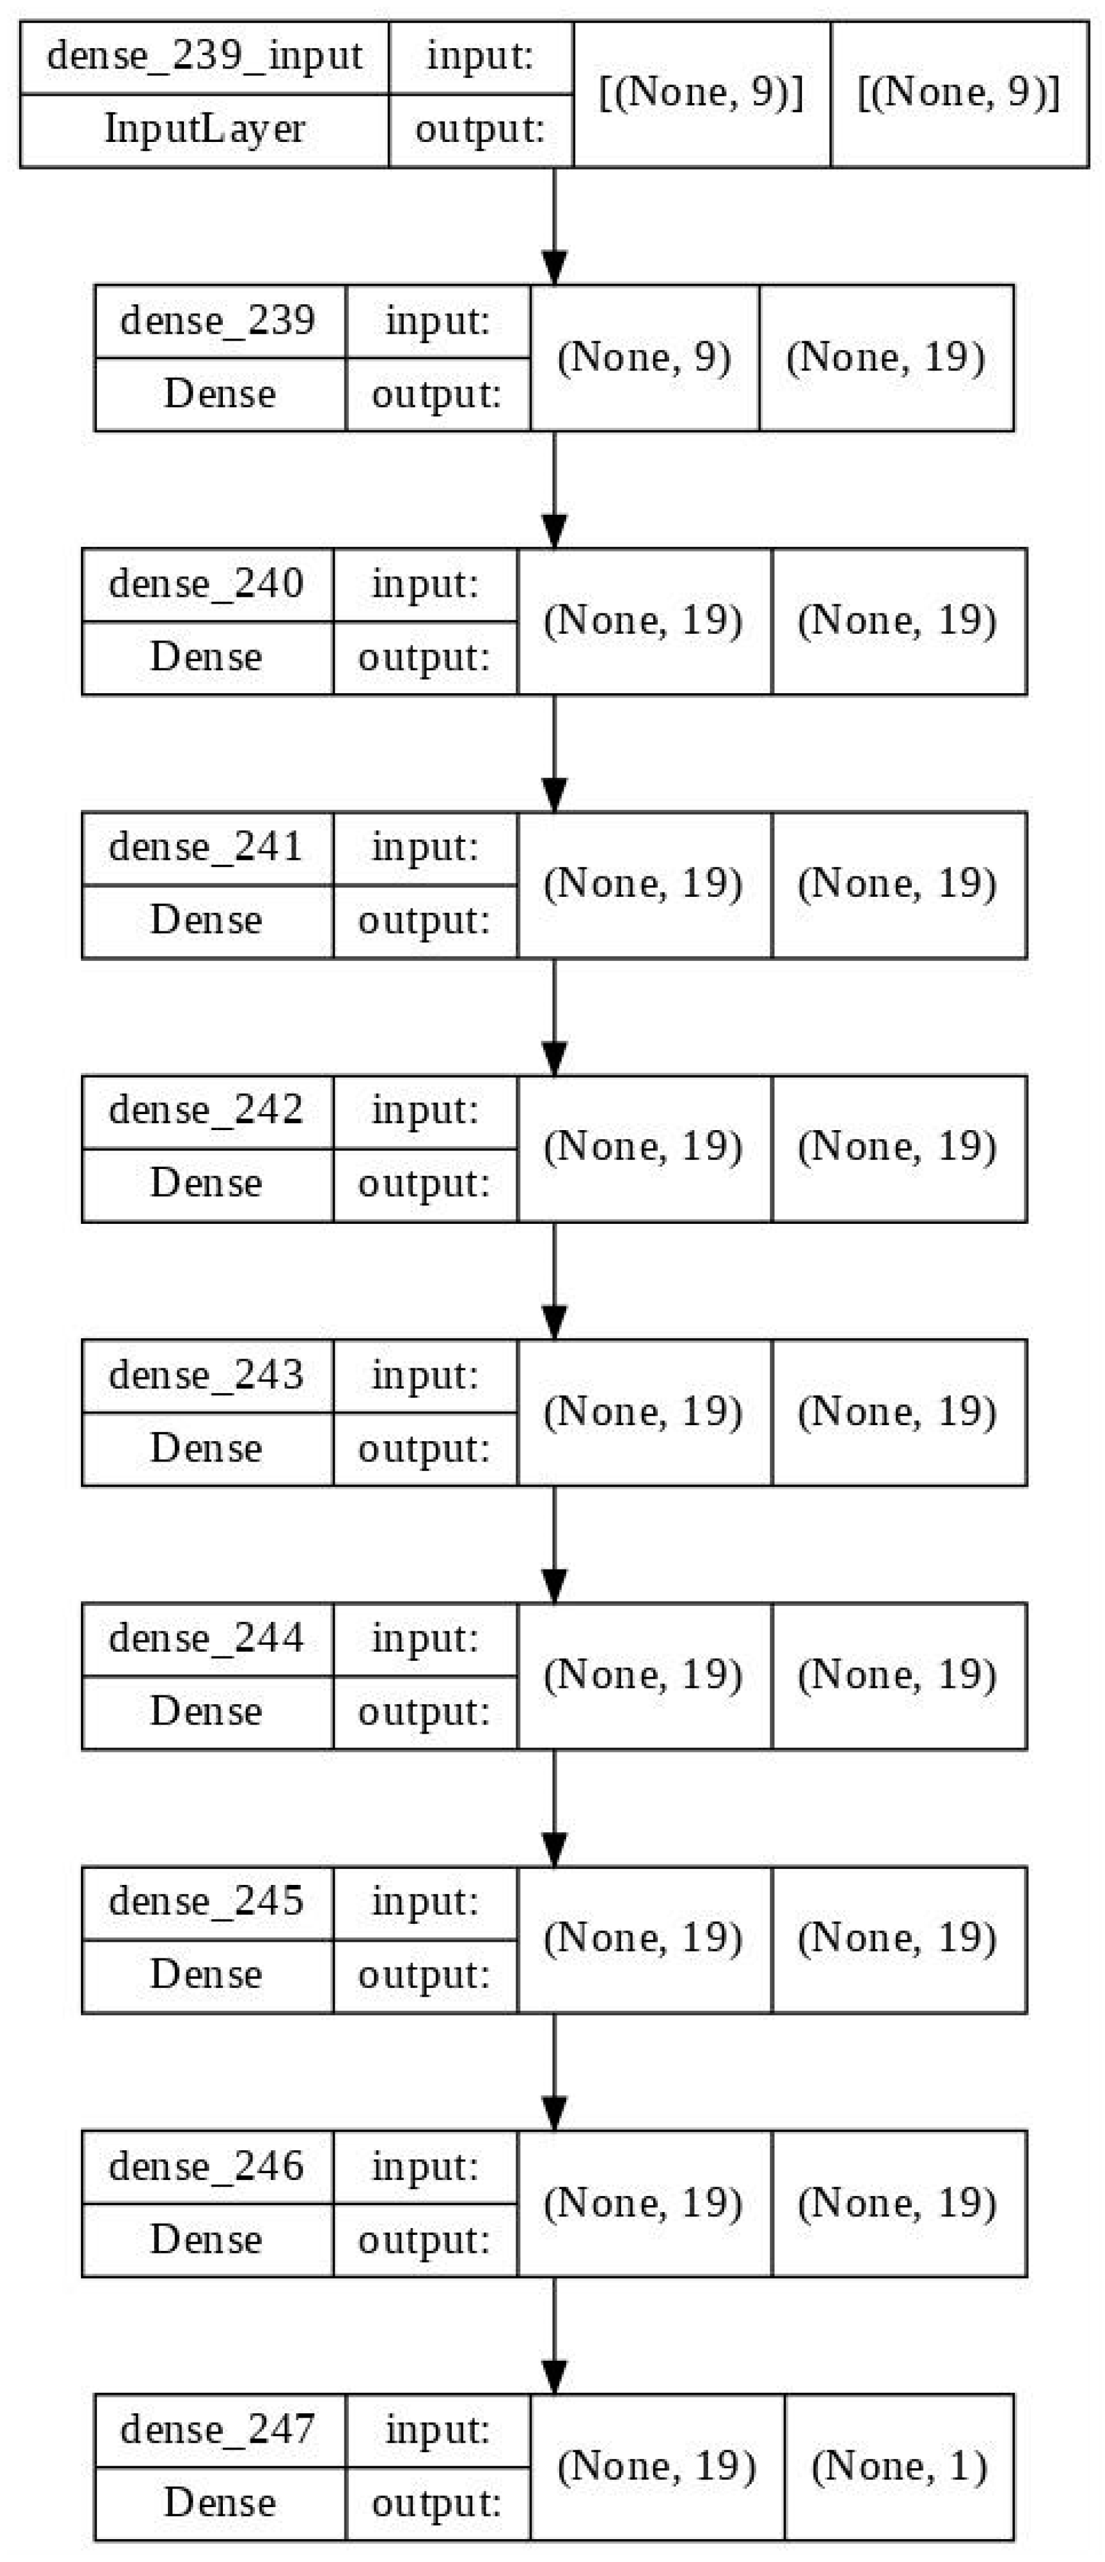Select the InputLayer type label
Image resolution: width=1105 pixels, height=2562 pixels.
204,129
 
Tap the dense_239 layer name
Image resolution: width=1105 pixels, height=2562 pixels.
218,320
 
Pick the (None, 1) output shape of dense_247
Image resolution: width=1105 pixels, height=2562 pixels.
899,2466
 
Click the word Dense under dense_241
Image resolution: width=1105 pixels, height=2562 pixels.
206,920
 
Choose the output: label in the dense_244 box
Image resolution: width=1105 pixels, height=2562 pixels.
425,1711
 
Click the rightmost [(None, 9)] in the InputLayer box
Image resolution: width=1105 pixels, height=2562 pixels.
958,93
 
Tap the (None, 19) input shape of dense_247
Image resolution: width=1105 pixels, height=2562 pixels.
656,2466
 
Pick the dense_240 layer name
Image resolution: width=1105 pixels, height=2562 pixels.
206,584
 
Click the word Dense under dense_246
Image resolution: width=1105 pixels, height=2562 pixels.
206,2239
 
